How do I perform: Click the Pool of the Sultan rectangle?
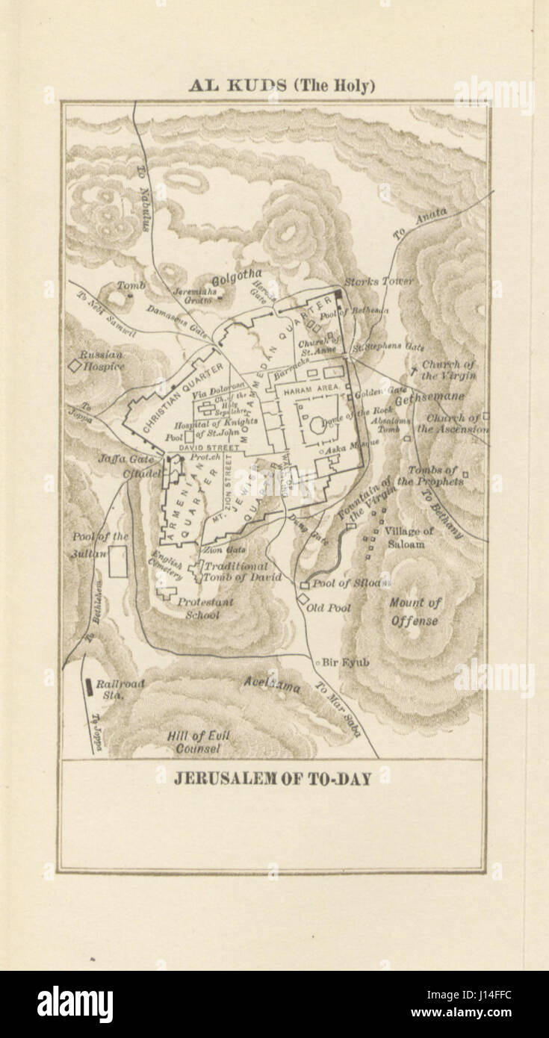tap(117, 561)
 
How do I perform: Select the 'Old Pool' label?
tap(329, 608)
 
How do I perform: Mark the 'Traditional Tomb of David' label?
tap(241, 572)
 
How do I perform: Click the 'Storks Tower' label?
tap(379, 282)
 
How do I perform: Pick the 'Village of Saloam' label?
tap(408, 538)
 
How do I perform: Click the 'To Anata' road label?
tap(420, 223)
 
